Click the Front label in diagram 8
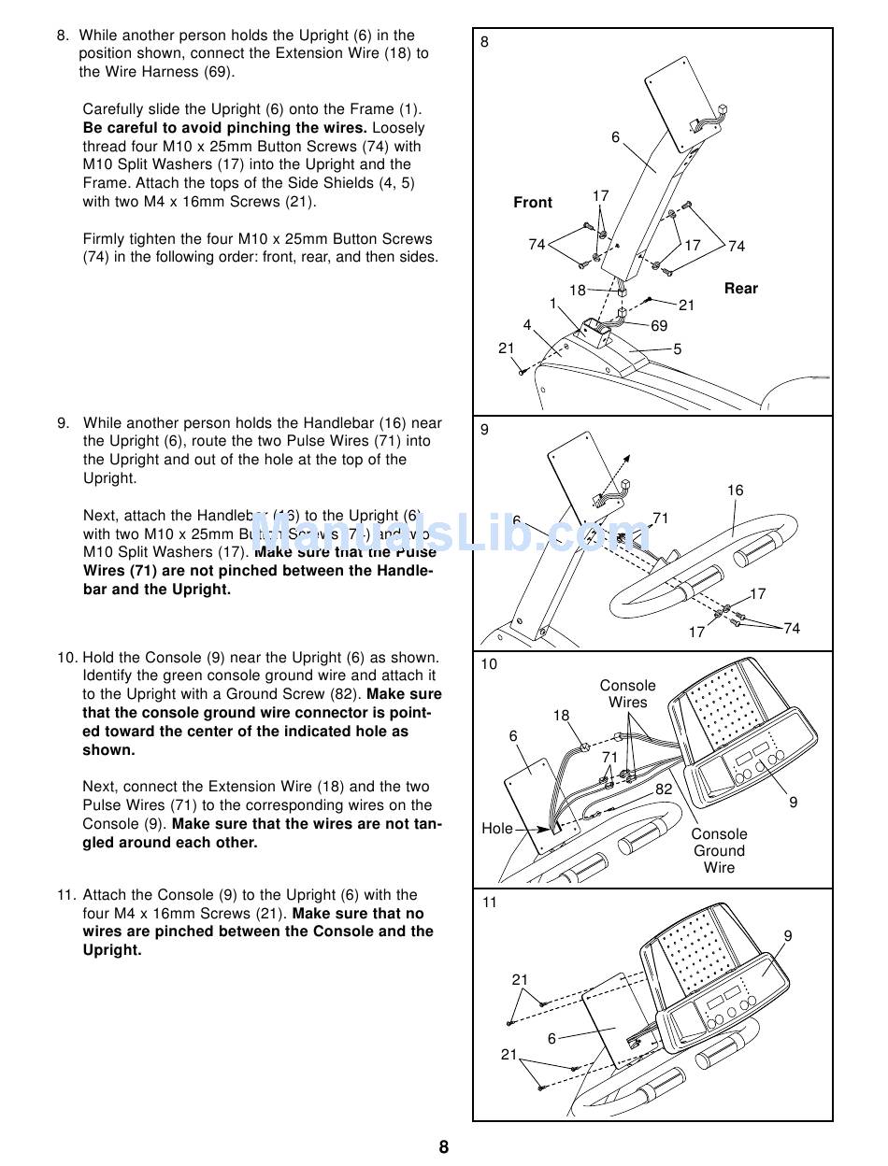click(533, 203)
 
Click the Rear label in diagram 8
click(741, 289)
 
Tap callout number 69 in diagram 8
click(659, 326)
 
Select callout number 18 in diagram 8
click(578, 291)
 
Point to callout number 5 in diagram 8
click(678, 349)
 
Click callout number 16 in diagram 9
click(736, 491)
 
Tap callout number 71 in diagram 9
click(661, 519)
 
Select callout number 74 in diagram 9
click(792, 629)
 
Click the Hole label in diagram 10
click(497, 829)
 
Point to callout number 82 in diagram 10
click(664, 789)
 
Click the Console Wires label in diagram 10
click(627, 694)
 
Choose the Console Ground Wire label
click(719, 851)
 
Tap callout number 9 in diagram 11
click(788, 936)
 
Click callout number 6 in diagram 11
click(551, 1039)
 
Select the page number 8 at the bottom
click(444, 1147)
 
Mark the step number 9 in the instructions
click(63, 423)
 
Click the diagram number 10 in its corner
click(489, 664)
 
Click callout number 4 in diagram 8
click(527, 325)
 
